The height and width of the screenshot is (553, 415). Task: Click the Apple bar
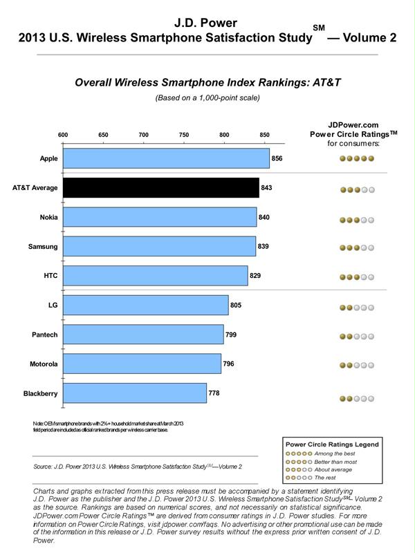(x=166, y=158)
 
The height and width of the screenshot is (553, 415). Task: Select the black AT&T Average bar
(x=160, y=188)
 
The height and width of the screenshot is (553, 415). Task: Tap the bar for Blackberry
(x=135, y=393)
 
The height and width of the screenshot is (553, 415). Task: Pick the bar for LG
(x=146, y=305)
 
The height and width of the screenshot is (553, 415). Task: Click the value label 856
(x=277, y=158)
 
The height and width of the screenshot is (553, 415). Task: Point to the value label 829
(x=256, y=276)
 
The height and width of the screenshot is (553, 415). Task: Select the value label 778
(x=214, y=393)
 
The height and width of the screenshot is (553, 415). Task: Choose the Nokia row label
(x=48, y=217)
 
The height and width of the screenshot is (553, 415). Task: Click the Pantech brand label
(x=46, y=335)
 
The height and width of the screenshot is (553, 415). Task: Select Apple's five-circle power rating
(x=357, y=159)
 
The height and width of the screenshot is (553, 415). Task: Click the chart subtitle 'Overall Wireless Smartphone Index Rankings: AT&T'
(x=207, y=83)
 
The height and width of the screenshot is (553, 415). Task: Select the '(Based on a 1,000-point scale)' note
(x=207, y=97)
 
